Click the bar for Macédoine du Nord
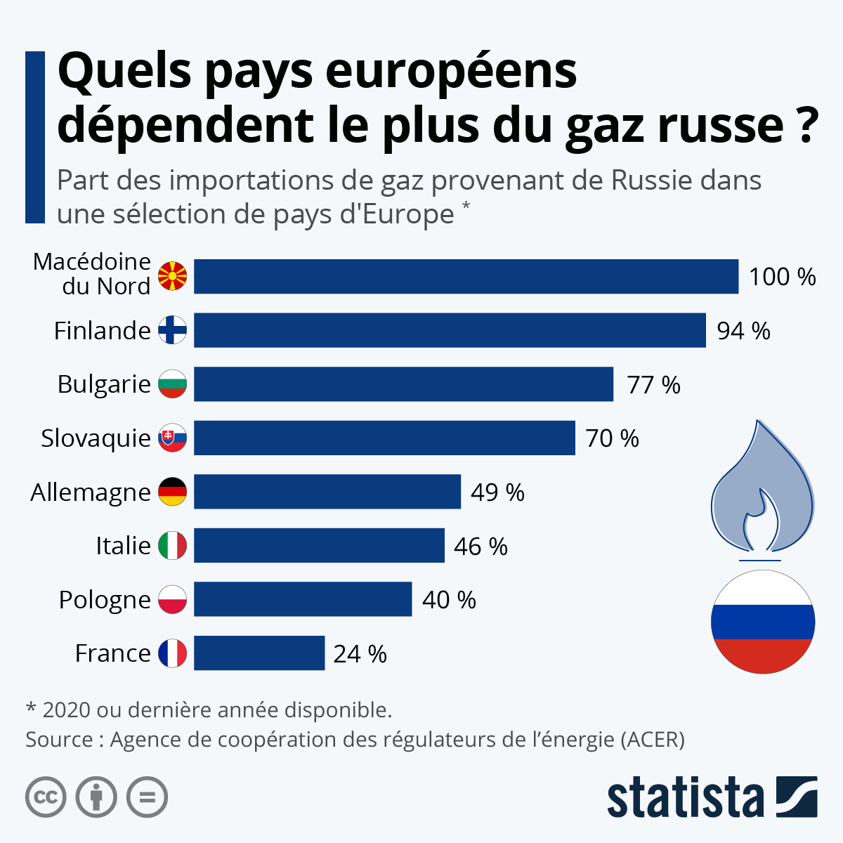click(466, 276)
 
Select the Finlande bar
click(450, 330)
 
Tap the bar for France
click(259, 653)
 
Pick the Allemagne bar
click(327, 492)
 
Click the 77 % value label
click(653, 385)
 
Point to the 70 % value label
click(612, 438)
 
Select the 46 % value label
click(481, 547)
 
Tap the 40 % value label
click(449, 600)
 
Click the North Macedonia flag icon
click(172, 276)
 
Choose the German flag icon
click(172, 492)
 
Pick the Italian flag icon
click(172, 546)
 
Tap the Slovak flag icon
click(172, 438)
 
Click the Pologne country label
click(105, 600)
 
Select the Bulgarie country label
click(104, 385)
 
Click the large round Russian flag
click(763, 622)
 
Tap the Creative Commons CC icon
click(46, 797)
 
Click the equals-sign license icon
click(147, 797)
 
